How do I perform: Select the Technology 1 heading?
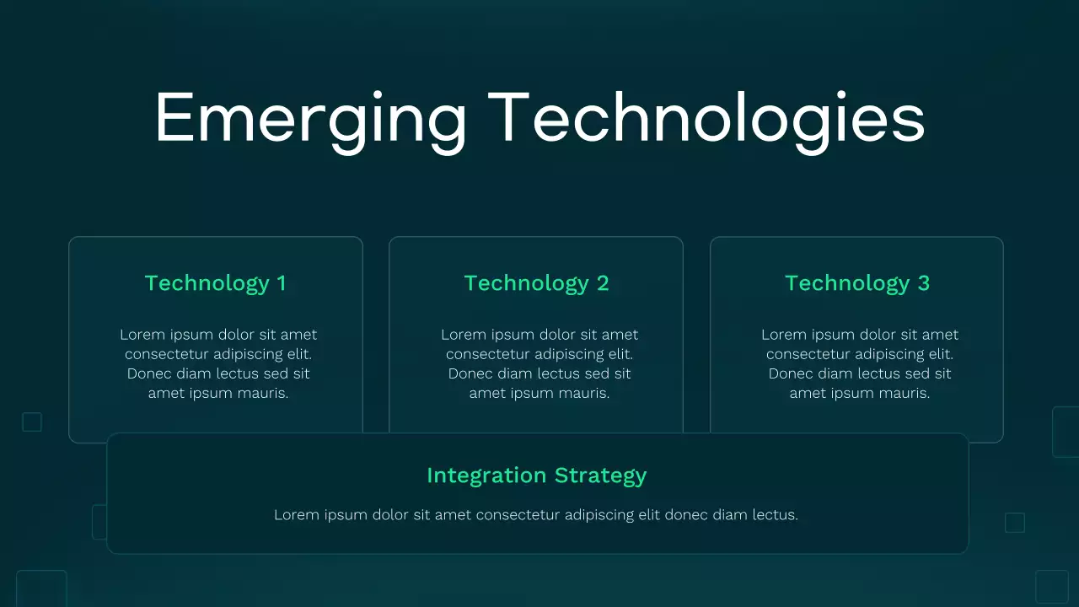click(x=215, y=283)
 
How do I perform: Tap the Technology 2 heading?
click(x=536, y=283)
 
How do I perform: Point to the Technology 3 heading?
click(x=856, y=283)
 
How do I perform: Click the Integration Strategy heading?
click(x=536, y=475)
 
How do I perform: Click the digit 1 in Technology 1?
click(x=282, y=283)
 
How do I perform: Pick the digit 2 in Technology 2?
click(x=602, y=283)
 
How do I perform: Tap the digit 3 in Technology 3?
click(x=923, y=283)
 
